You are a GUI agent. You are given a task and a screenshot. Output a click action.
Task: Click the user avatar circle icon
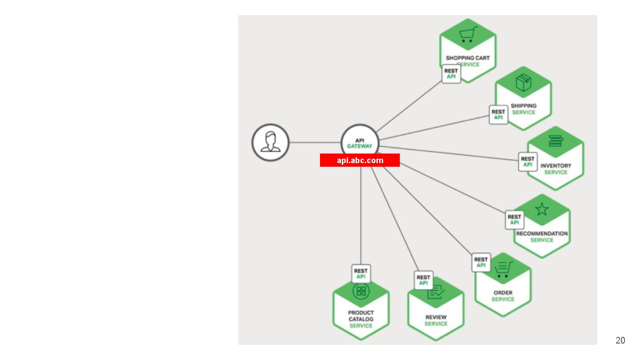[x=270, y=143]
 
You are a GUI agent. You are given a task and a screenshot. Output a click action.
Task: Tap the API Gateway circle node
[x=360, y=143]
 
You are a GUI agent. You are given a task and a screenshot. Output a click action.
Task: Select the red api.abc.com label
[x=360, y=160]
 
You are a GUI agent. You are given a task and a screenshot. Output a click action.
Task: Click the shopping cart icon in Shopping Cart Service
[x=468, y=35]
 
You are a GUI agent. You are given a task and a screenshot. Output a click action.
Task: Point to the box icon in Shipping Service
[x=523, y=83]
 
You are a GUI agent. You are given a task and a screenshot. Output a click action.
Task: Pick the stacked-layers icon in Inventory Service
[x=556, y=141]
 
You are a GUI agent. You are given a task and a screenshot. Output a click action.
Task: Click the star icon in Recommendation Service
[x=542, y=209]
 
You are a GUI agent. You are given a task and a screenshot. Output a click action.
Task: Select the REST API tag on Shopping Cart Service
[x=451, y=74]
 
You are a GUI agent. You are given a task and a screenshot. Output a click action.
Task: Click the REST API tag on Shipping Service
[x=498, y=115]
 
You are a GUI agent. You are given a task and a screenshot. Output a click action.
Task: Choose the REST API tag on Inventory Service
[x=528, y=162]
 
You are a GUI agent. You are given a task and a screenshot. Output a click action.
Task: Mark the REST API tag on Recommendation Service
[x=514, y=220]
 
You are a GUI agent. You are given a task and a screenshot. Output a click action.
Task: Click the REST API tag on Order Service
[x=481, y=262]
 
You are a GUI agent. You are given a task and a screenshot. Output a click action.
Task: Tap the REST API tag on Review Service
[x=424, y=280]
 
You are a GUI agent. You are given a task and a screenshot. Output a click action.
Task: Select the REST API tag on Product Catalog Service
[x=361, y=273]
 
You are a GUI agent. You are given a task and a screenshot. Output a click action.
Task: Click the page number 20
[x=620, y=340]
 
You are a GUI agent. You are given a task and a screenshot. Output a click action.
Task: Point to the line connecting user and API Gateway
[x=315, y=143]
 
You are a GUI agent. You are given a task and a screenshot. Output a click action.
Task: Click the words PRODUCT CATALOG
[x=361, y=316]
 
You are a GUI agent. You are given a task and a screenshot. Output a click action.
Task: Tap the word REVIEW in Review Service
[x=436, y=317]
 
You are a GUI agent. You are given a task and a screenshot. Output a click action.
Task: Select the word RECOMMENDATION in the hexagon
[x=542, y=234]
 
